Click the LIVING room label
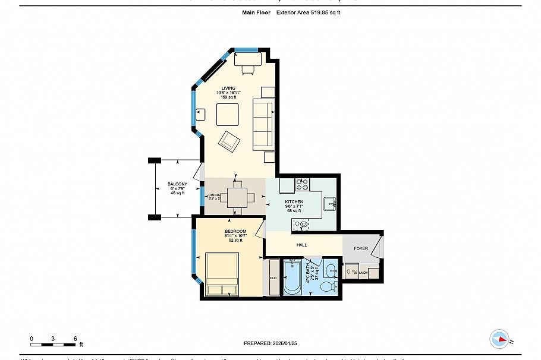click(228, 89)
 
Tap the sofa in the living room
click(262, 125)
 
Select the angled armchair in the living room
click(229, 141)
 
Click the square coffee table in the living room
click(227, 114)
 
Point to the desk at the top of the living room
click(247, 59)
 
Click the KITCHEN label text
click(294, 202)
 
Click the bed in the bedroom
click(222, 274)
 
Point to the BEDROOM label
click(235, 231)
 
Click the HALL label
click(302, 244)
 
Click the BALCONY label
click(177, 184)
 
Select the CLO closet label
click(273, 277)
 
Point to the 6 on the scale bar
click(75, 338)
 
